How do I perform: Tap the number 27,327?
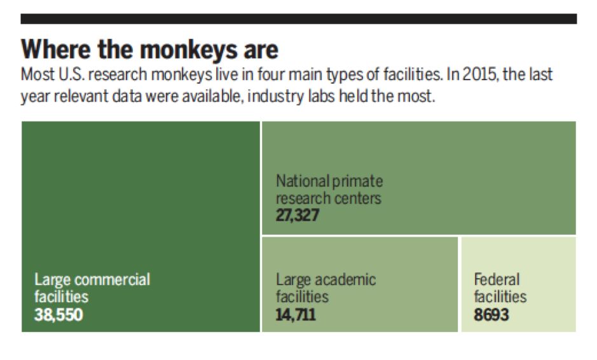(x=298, y=215)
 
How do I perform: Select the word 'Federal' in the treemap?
(x=497, y=279)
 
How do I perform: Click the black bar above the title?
(x=298, y=18)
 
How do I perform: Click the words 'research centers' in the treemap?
(x=328, y=198)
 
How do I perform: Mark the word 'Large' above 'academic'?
(x=293, y=279)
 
